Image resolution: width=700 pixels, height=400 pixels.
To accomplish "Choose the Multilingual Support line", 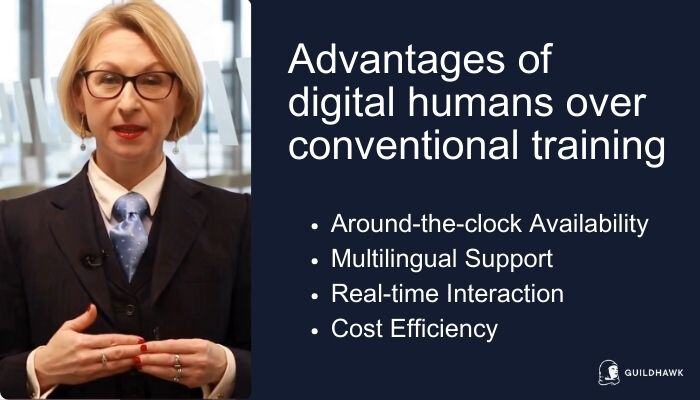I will (x=441, y=260).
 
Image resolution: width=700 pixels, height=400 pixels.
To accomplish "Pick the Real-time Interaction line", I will (x=447, y=294).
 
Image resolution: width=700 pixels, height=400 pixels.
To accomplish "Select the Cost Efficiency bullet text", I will (x=413, y=328).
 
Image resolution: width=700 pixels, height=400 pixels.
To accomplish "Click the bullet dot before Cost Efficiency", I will (x=315, y=329).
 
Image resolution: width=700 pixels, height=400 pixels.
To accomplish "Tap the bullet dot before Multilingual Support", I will (x=315, y=261).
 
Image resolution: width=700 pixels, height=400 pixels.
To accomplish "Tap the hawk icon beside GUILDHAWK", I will (x=608, y=372).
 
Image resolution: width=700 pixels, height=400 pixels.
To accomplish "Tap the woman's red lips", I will (x=129, y=131).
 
